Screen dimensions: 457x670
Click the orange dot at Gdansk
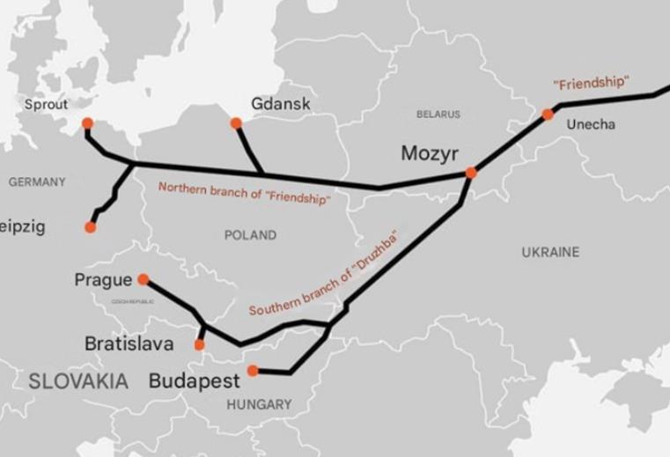(x=236, y=123)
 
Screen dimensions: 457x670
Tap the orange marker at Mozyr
(x=471, y=173)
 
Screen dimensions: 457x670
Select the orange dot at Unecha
(x=548, y=114)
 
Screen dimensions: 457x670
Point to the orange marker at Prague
(x=143, y=279)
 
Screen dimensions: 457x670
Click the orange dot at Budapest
(x=253, y=371)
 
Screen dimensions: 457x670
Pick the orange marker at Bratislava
(x=200, y=344)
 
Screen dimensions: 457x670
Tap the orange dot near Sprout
(x=86, y=123)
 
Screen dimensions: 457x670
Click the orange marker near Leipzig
(x=90, y=227)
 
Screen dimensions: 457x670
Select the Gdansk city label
(x=281, y=104)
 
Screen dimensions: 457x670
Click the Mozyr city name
(x=430, y=154)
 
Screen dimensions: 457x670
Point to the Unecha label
(x=591, y=125)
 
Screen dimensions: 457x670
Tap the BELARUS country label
(x=438, y=114)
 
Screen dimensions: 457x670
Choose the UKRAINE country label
(x=550, y=252)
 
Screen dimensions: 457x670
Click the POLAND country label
(x=250, y=235)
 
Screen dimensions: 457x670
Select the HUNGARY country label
(x=259, y=404)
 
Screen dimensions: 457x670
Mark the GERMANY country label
(x=37, y=181)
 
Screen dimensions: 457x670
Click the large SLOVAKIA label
(x=78, y=381)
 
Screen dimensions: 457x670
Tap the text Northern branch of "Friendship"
(x=244, y=194)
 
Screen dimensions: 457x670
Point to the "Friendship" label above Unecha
(x=591, y=83)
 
